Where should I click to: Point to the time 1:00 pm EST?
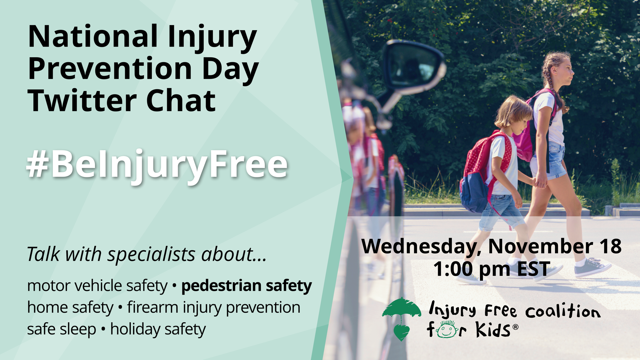(x=492, y=269)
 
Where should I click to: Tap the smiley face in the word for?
(x=447, y=330)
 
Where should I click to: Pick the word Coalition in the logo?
(x=563, y=311)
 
